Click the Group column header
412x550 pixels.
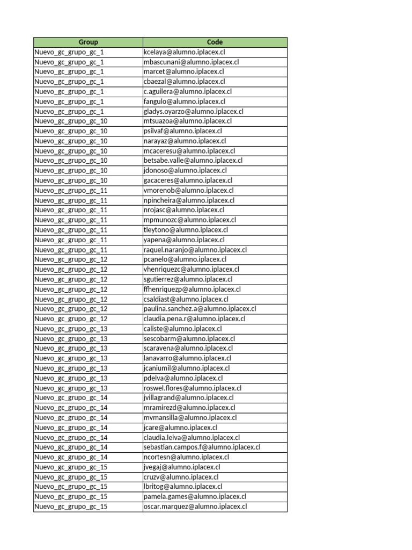point(88,42)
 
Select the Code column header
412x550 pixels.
point(215,42)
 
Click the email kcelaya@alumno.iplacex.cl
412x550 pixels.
point(184,52)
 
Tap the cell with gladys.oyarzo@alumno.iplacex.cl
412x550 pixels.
point(194,111)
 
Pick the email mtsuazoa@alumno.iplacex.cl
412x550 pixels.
point(188,121)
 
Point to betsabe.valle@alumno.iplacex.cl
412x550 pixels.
point(193,161)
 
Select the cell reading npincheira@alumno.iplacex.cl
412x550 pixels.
point(189,200)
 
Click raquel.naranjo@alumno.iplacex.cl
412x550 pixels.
point(195,250)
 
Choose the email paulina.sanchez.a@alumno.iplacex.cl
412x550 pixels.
point(200,309)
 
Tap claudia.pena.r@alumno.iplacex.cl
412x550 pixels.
point(195,319)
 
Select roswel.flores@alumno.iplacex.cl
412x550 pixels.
point(193,388)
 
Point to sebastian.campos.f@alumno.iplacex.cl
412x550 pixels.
point(202,447)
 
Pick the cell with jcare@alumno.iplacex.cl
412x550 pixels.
point(181,428)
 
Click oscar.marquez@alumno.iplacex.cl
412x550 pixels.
point(195,506)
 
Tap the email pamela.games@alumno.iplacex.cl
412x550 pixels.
point(195,497)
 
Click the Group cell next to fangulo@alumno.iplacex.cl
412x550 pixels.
point(70,102)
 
